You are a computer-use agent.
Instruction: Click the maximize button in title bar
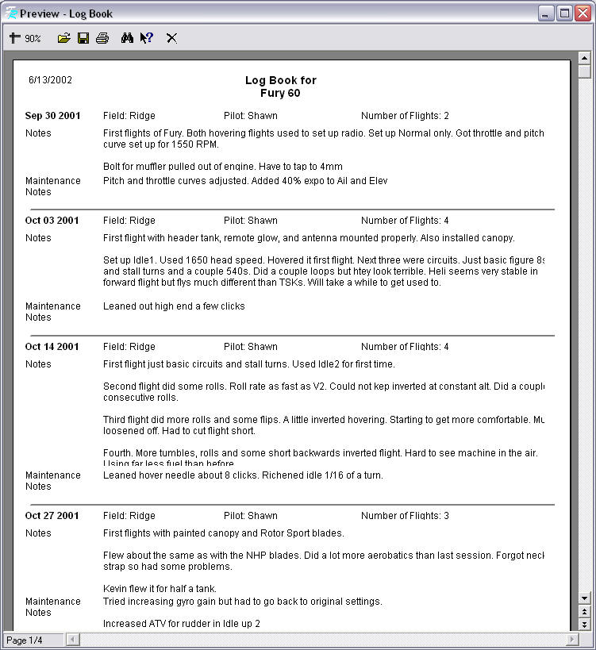pos(564,13)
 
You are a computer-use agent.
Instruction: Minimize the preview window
pos(546,13)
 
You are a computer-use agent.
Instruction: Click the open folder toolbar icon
pos(64,38)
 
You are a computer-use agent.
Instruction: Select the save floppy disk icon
pos(83,38)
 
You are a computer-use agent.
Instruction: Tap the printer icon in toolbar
pos(102,38)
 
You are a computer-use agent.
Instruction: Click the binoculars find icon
pos(127,38)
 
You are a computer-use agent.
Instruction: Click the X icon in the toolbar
pos(171,38)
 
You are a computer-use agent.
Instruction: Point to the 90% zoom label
pos(33,39)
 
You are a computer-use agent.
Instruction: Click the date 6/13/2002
pos(50,80)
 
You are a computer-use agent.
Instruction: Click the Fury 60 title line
pos(280,93)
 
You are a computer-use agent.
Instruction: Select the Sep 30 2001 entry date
pos(52,116)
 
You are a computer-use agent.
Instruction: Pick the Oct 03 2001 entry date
pos(52,221)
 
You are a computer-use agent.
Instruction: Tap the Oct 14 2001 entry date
pos(52,347)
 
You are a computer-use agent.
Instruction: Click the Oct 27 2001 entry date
pos(52,516)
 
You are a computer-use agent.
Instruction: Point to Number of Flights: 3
pos(405,516)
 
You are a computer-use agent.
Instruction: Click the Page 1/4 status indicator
pos(25,640)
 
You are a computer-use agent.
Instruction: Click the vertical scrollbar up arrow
pos(585,58)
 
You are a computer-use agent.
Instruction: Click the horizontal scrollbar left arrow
pos(72,640)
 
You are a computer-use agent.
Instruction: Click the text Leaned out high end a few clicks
pos(174,306)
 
